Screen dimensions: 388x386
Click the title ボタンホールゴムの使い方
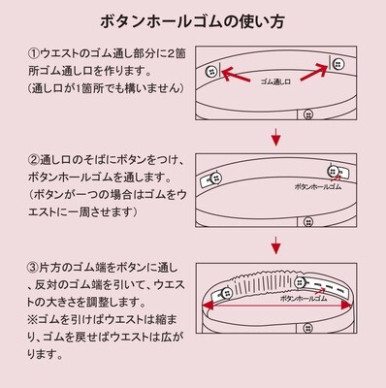point(192,20)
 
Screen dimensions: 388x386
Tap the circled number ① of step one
point(34,52)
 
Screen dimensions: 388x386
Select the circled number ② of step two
point(34,160)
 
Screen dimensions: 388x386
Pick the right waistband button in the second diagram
point(336,171)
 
